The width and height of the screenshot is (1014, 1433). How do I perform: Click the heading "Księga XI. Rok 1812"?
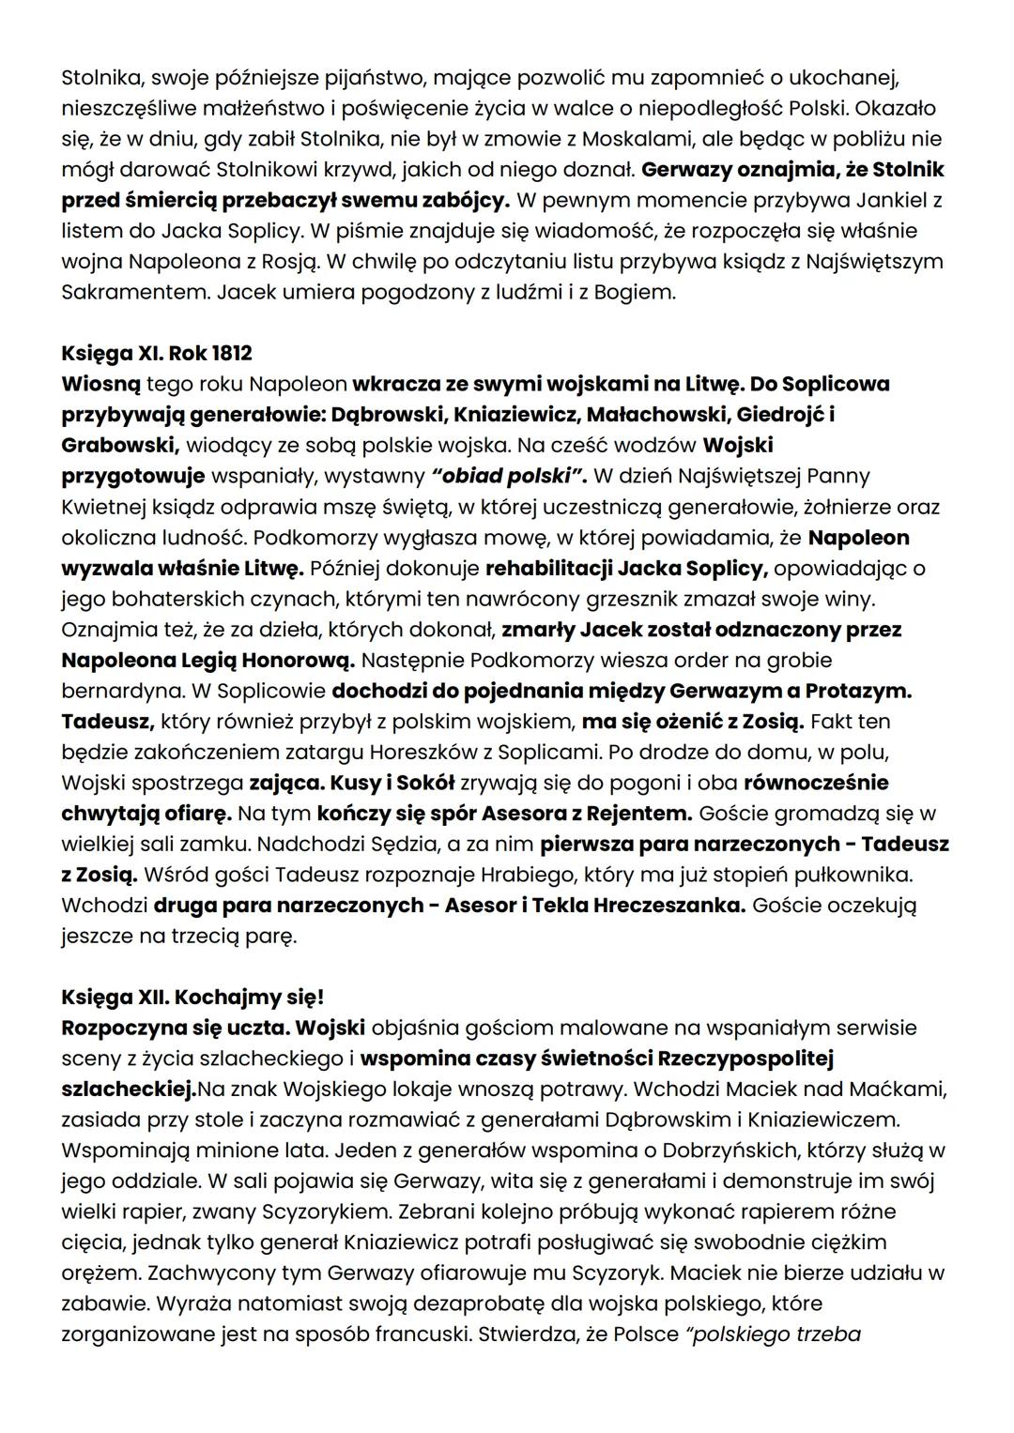157,354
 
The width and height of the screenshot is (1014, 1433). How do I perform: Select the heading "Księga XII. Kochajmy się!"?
192,998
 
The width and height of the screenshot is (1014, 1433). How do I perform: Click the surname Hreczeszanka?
668,906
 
